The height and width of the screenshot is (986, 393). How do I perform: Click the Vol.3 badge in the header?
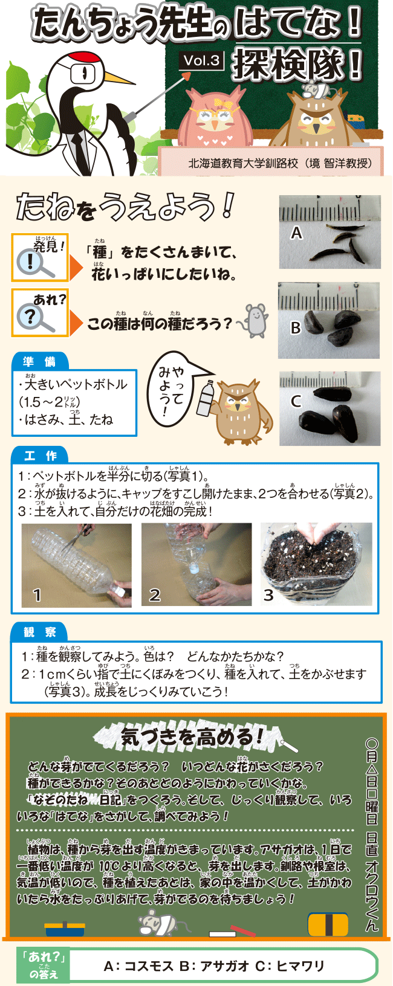pos(201,60)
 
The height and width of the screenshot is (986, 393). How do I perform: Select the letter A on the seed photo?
pos(296,233)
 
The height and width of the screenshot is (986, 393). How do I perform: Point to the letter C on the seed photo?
pos(296,401)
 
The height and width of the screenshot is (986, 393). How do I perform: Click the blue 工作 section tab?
pos(40,456)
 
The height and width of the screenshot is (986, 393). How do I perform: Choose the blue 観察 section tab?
pos(40,632)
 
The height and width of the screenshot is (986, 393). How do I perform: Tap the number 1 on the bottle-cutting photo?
pos(37,595)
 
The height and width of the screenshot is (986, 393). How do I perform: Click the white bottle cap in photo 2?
pos(192,569)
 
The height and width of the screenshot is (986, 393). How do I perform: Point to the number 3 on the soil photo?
pos(268,595)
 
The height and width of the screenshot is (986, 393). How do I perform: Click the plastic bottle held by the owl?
pos(206,398)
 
